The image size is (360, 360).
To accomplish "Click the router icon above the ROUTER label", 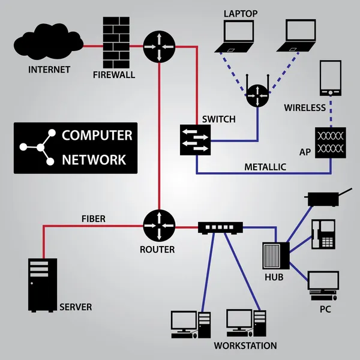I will click(x=159, y=226).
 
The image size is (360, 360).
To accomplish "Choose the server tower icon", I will click(x=43, y=285).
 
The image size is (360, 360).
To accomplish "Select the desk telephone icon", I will click(x=323, y=235).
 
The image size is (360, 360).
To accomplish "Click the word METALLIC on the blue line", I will click(x=265, y=167).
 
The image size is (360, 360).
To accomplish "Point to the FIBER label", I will click(x=93, y=219).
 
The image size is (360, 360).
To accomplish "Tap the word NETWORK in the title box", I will click(x=94, y=160).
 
